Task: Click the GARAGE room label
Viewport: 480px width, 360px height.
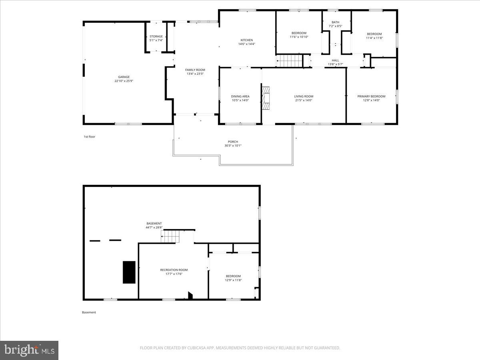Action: pyautogui.click(x=124, y=77)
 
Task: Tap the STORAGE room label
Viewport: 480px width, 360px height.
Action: pyautogui.click(x=156, y=36)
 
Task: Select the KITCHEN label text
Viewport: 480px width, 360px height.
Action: pyautogui.click(x=246, y=40)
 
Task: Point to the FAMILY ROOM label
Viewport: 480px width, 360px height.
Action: pyautogui.click(x=195, y=70)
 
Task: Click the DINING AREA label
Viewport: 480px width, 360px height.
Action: pyautogui.click(x=240, y=96)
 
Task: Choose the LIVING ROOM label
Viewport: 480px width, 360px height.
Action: pyautogui.click(x=304, y=96)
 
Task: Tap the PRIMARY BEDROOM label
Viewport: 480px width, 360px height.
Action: pyautogui.click(x=371, y=96)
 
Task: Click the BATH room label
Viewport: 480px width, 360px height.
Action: pyautogui.click(x=335, y=22)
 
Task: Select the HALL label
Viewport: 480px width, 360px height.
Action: pyautogui.click(x=335, y=60)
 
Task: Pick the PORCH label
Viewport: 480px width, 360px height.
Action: pyautogui.click(x=233, y=142)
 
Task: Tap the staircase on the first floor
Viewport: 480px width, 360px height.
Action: pyautogui.click(x=290, y=61)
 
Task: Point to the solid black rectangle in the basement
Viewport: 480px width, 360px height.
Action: pyautogui.click(x=129, y=272)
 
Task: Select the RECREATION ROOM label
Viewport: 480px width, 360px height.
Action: pyautogui.click(x=174, y=270)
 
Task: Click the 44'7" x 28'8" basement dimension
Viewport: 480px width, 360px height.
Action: pyautogui.click(x=154, y=228)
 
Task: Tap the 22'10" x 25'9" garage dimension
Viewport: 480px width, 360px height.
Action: pyautogui.click(x=124, y=81)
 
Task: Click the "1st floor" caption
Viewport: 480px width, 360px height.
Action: pyautogui.click(x=89, y=137)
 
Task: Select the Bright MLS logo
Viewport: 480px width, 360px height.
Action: pyautogui.click(x=29, y=350)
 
